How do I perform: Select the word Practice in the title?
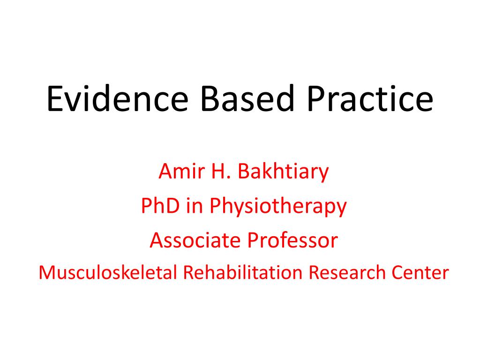(x=364, y=99)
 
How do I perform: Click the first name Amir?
(x=179, y=172)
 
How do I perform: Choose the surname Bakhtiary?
(x=284, y=172)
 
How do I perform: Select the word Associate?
(x=195, y=240)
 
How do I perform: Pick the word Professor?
(x=292, y=240)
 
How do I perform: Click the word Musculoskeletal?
(x=108, y=272)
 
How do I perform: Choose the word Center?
(x=421, y=272)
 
